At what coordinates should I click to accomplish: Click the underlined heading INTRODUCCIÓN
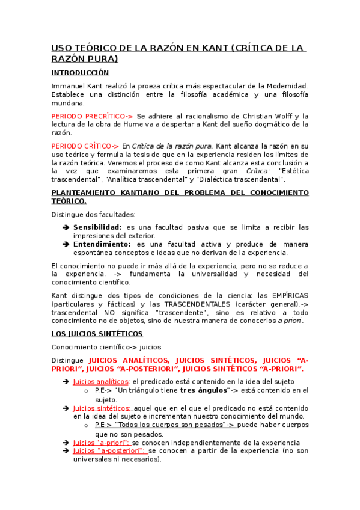[x=80, y=73]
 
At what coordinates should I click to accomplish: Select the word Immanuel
[x=70, y=86]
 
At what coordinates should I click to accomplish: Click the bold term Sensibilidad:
[x=97, y=227]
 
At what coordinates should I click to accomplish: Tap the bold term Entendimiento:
[x=102, y=244]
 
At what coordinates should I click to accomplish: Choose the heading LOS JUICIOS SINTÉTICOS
[x=97, y=333]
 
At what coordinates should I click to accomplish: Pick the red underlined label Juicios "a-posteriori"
[x=109, y=450]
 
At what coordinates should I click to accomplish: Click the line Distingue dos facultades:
[x=93, y=214]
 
